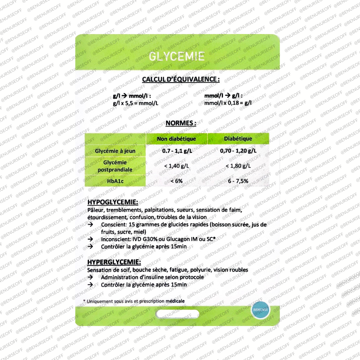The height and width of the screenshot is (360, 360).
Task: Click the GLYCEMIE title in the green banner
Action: (177, 56)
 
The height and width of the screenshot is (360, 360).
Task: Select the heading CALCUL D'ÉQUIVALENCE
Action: (181, 80)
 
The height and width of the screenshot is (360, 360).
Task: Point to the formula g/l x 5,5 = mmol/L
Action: (136, 103)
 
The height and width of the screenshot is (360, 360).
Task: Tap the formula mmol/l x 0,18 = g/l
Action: (228, 103)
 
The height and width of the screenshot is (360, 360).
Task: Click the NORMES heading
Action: (181, 123)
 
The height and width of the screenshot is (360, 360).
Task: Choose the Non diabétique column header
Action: (177, 139)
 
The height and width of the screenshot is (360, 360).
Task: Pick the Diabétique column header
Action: (238, 139)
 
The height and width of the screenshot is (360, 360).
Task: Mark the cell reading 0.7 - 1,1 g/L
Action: (177, 151)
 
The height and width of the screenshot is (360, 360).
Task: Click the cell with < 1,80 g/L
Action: (238, 166)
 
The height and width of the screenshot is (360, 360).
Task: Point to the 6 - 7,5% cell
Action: (238, 181)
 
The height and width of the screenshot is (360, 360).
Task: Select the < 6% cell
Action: (177, 181)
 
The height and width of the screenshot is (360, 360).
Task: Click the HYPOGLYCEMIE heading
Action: (113, 202)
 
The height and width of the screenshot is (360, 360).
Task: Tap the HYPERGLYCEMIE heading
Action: (114, 262)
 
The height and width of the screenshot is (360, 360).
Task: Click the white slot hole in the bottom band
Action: (177, 314)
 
